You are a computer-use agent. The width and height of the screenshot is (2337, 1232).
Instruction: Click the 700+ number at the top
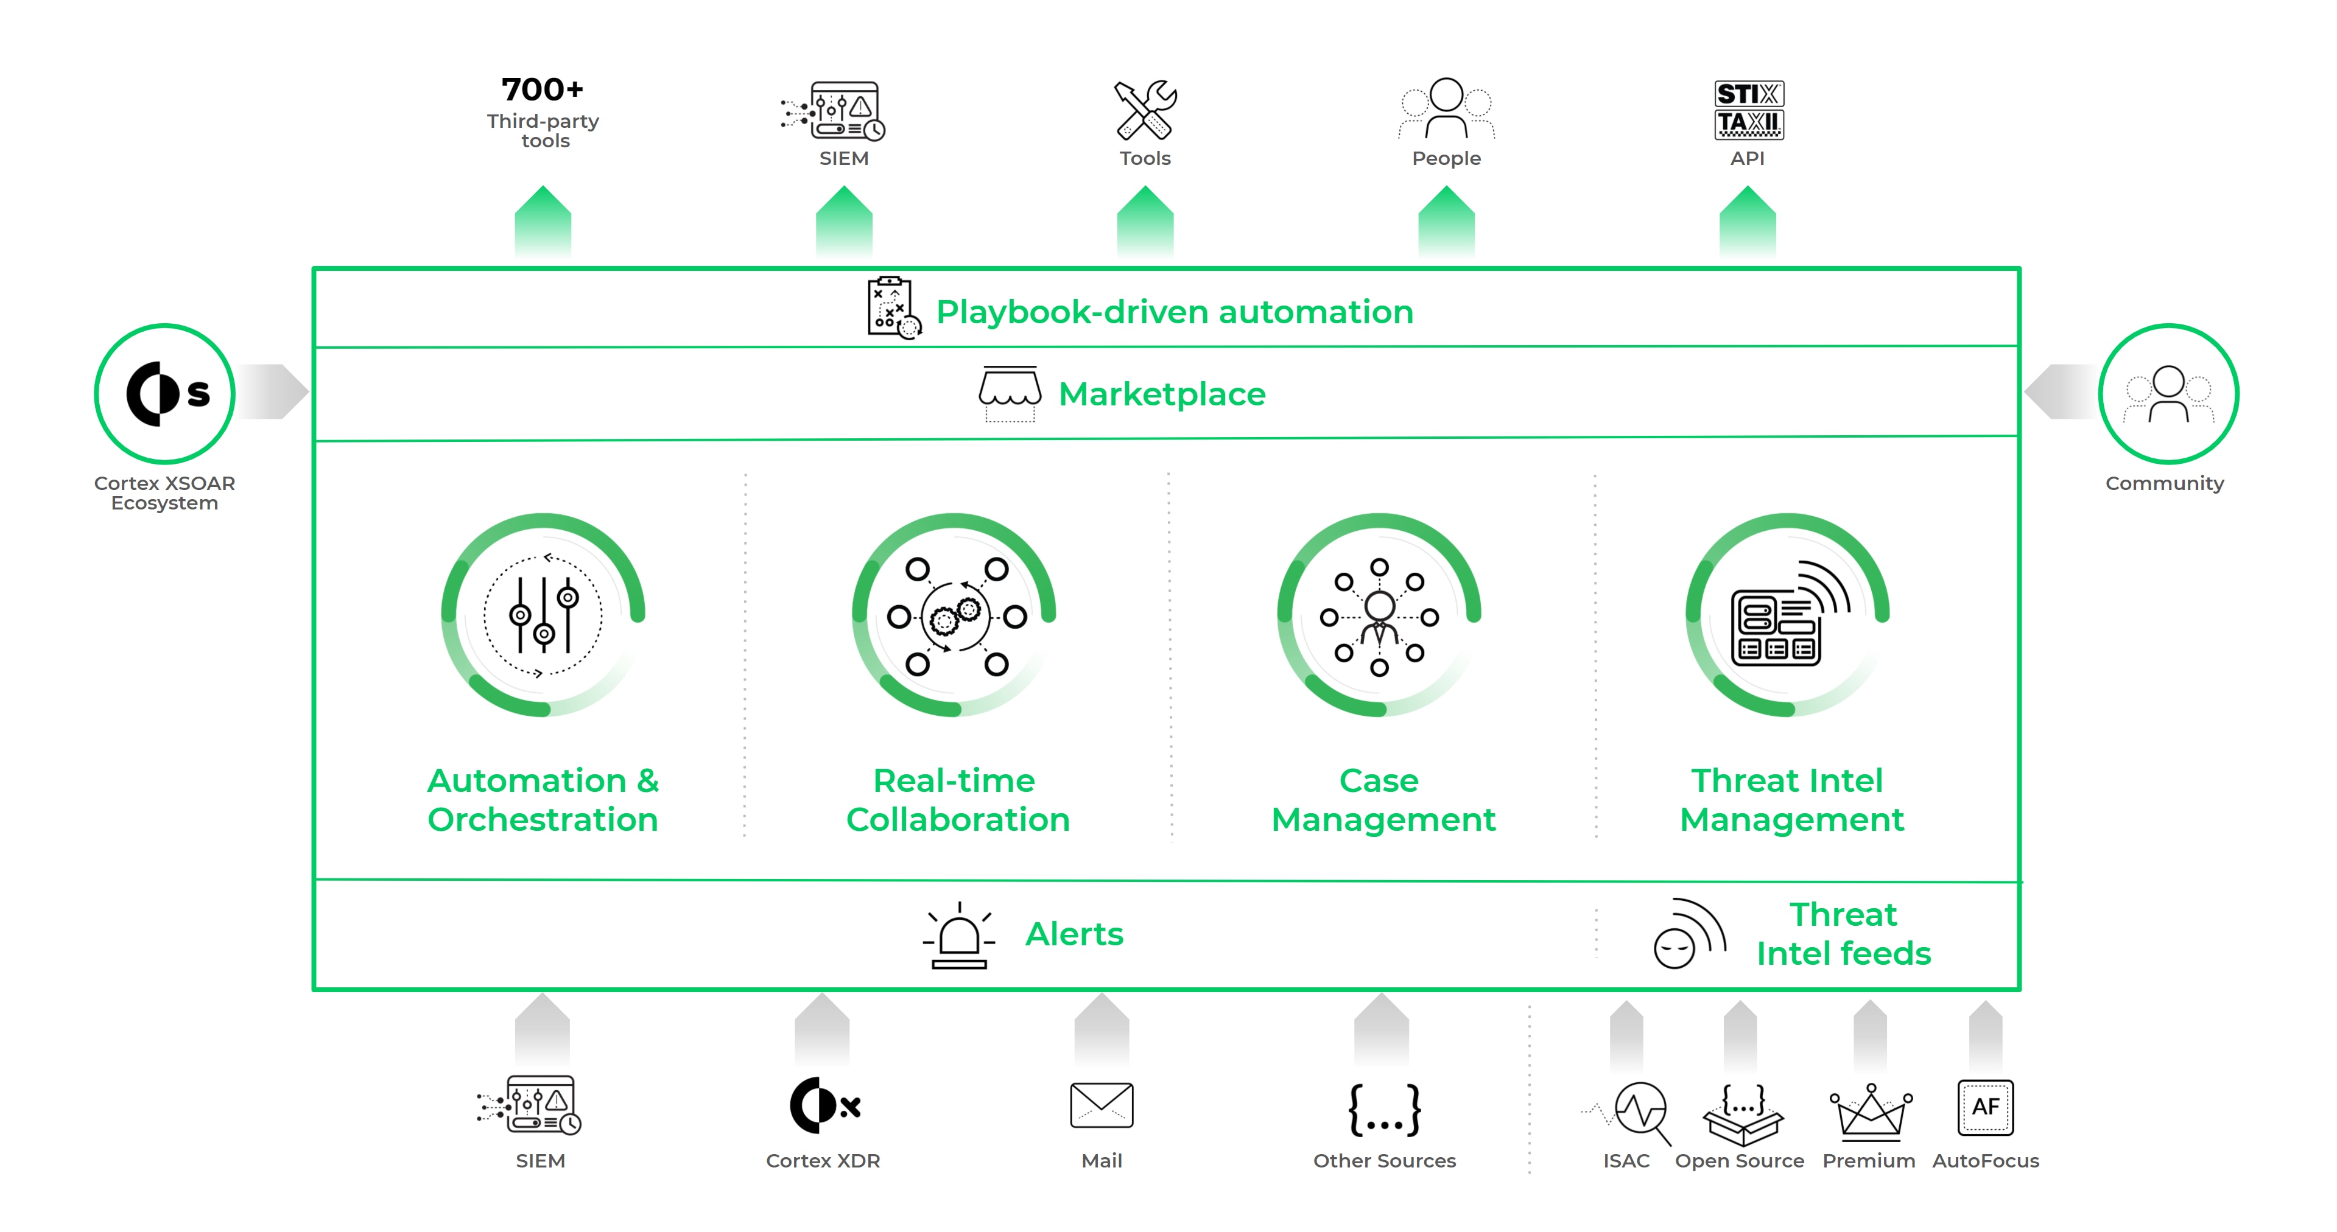(543, 89)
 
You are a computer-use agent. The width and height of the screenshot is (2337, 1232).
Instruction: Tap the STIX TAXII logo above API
(1748, 110)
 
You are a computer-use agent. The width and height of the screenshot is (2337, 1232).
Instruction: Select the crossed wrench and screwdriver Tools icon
(1145, 110)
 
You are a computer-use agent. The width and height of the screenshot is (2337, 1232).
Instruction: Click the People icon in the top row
(1446, 109)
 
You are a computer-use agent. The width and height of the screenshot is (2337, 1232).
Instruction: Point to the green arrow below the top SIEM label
(844, 220)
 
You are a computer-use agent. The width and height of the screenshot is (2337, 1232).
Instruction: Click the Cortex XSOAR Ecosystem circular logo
(165, 394)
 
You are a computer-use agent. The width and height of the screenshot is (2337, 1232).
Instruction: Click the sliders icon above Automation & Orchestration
(543, 616)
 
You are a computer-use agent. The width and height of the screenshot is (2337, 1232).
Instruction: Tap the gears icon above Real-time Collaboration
(955, 616)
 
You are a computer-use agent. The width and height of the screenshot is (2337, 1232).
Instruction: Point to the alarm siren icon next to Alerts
(959, 936)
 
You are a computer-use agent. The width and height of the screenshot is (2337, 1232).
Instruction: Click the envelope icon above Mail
(1102, 1105)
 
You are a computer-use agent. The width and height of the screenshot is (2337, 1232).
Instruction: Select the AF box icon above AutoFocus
(1985, 1107)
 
